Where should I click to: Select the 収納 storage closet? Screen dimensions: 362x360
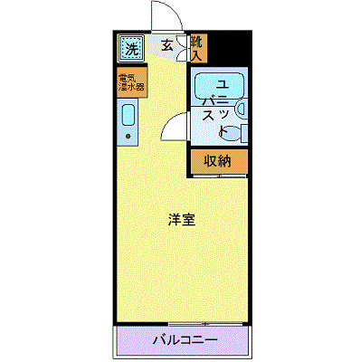(x=215, y=162)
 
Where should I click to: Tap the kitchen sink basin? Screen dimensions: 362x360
(x=128, y=115)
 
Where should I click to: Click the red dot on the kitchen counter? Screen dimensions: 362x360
(x=128, y=138)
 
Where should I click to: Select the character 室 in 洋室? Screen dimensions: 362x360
(x=190, y=219)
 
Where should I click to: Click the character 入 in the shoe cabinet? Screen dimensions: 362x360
(x=197, y=55)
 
